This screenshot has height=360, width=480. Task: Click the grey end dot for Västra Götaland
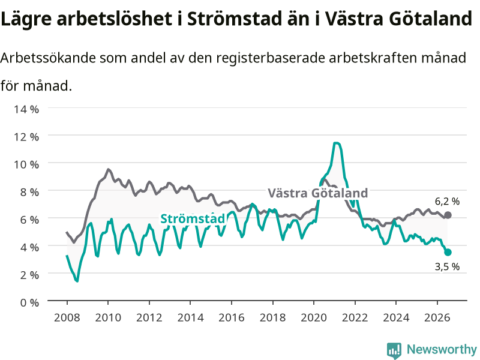click(x=448, y=215)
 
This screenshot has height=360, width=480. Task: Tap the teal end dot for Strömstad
click(x=448, y=252)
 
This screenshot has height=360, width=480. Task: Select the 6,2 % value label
click(x=447, y=202)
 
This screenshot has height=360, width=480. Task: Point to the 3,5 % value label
click(x=447, y=266)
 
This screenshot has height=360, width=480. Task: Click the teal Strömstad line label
click(x=193, y=219)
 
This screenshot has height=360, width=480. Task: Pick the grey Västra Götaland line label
click(x=318, y=193)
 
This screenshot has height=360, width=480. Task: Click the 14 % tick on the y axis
click(x=26, y=109)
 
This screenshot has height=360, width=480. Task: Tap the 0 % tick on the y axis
click(x=29, y=303)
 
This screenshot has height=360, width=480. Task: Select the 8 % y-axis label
click(x=29, y=192)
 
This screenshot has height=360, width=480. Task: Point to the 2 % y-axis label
click(x=29, y=275)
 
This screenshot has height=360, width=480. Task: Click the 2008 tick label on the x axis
click(x=67, y=317)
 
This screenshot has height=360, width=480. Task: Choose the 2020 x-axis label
click(x=314, y=317)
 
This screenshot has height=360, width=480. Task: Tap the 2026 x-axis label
click(x=437, y=317)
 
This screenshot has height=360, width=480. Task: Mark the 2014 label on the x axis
click(x=190, y=317)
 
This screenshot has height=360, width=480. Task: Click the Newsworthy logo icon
click(x=394, y=350)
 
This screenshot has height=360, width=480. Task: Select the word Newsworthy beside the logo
click(x=442, y=349)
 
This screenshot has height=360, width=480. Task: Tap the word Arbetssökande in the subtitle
click(x=48, y=58)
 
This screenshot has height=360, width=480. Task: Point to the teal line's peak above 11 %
click(x=336, y=143)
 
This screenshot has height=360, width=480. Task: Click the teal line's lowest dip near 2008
click(x=77, y=281)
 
